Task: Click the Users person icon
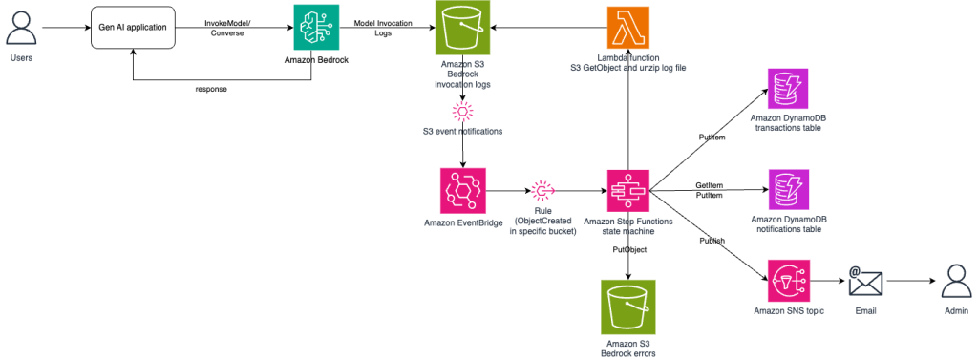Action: pyautogui.click(x=22, y=26)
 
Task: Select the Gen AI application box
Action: pyautogui.click(x=133, y=28)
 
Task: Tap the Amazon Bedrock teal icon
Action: pyautogui.click(x=314, y=28)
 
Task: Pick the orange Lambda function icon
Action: pyautogui.click(x=628, y=29)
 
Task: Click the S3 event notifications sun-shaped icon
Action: pyautogui.click(x=463, y=113)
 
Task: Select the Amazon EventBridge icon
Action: pyautogui.click(x=463, y=191)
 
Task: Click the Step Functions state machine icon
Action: pyautogui.click(x=628, y=191)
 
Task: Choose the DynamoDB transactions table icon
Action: pyautogui.click(x=788, y=89)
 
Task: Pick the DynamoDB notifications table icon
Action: pyautogui.click(x=788, y=190)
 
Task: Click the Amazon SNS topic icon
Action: pyautogui.click(x=788, y=282)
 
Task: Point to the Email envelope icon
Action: pyautogui.click(x=864, y=283)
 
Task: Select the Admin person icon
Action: pyautogui.click(x=956, y=282)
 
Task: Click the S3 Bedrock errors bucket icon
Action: pyautogui.click(x=628, y=307)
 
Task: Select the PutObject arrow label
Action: pyautogui.click(x=629, y=249)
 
